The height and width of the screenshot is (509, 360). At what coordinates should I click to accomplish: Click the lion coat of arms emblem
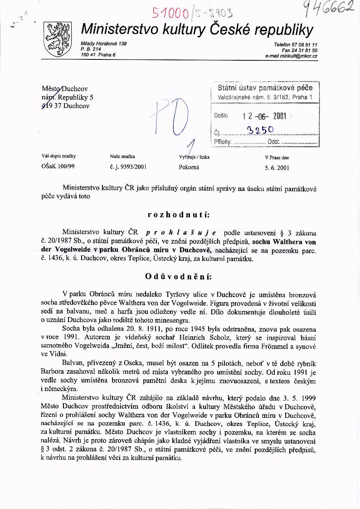pyautogui.click(x=57, y=39)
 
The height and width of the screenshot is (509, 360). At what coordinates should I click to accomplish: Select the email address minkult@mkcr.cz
pyautogui.click(x=291, y=56)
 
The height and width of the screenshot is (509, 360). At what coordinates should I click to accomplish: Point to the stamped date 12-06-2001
pyautogui.click(x=265, y=116)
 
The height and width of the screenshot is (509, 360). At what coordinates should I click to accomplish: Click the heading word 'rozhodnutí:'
pyautogui.click(x=179, y=214)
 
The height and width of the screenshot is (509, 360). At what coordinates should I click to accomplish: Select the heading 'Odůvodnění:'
pyautogui.click(x=179, y=276)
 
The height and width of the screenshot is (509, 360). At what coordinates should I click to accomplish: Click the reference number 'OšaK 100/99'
pyautogui.click(x=58, y=167)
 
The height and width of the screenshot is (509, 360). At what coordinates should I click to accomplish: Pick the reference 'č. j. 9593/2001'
pyautogui.click(x=128, y=167)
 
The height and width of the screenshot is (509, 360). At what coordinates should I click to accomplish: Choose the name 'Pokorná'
pyautogui.click(x=189, y=167)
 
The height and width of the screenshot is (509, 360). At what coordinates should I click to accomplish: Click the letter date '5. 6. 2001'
pyautogui.click(x=277, y=167)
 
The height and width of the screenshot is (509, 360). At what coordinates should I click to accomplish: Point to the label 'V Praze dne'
pyautogui.click(x=277, y=158)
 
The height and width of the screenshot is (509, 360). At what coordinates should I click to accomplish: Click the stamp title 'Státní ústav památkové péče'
pyautogui.click(x=265, y=88)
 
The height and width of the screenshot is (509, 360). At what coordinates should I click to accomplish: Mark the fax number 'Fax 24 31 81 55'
pyautogui.click(x=299, y=50)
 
